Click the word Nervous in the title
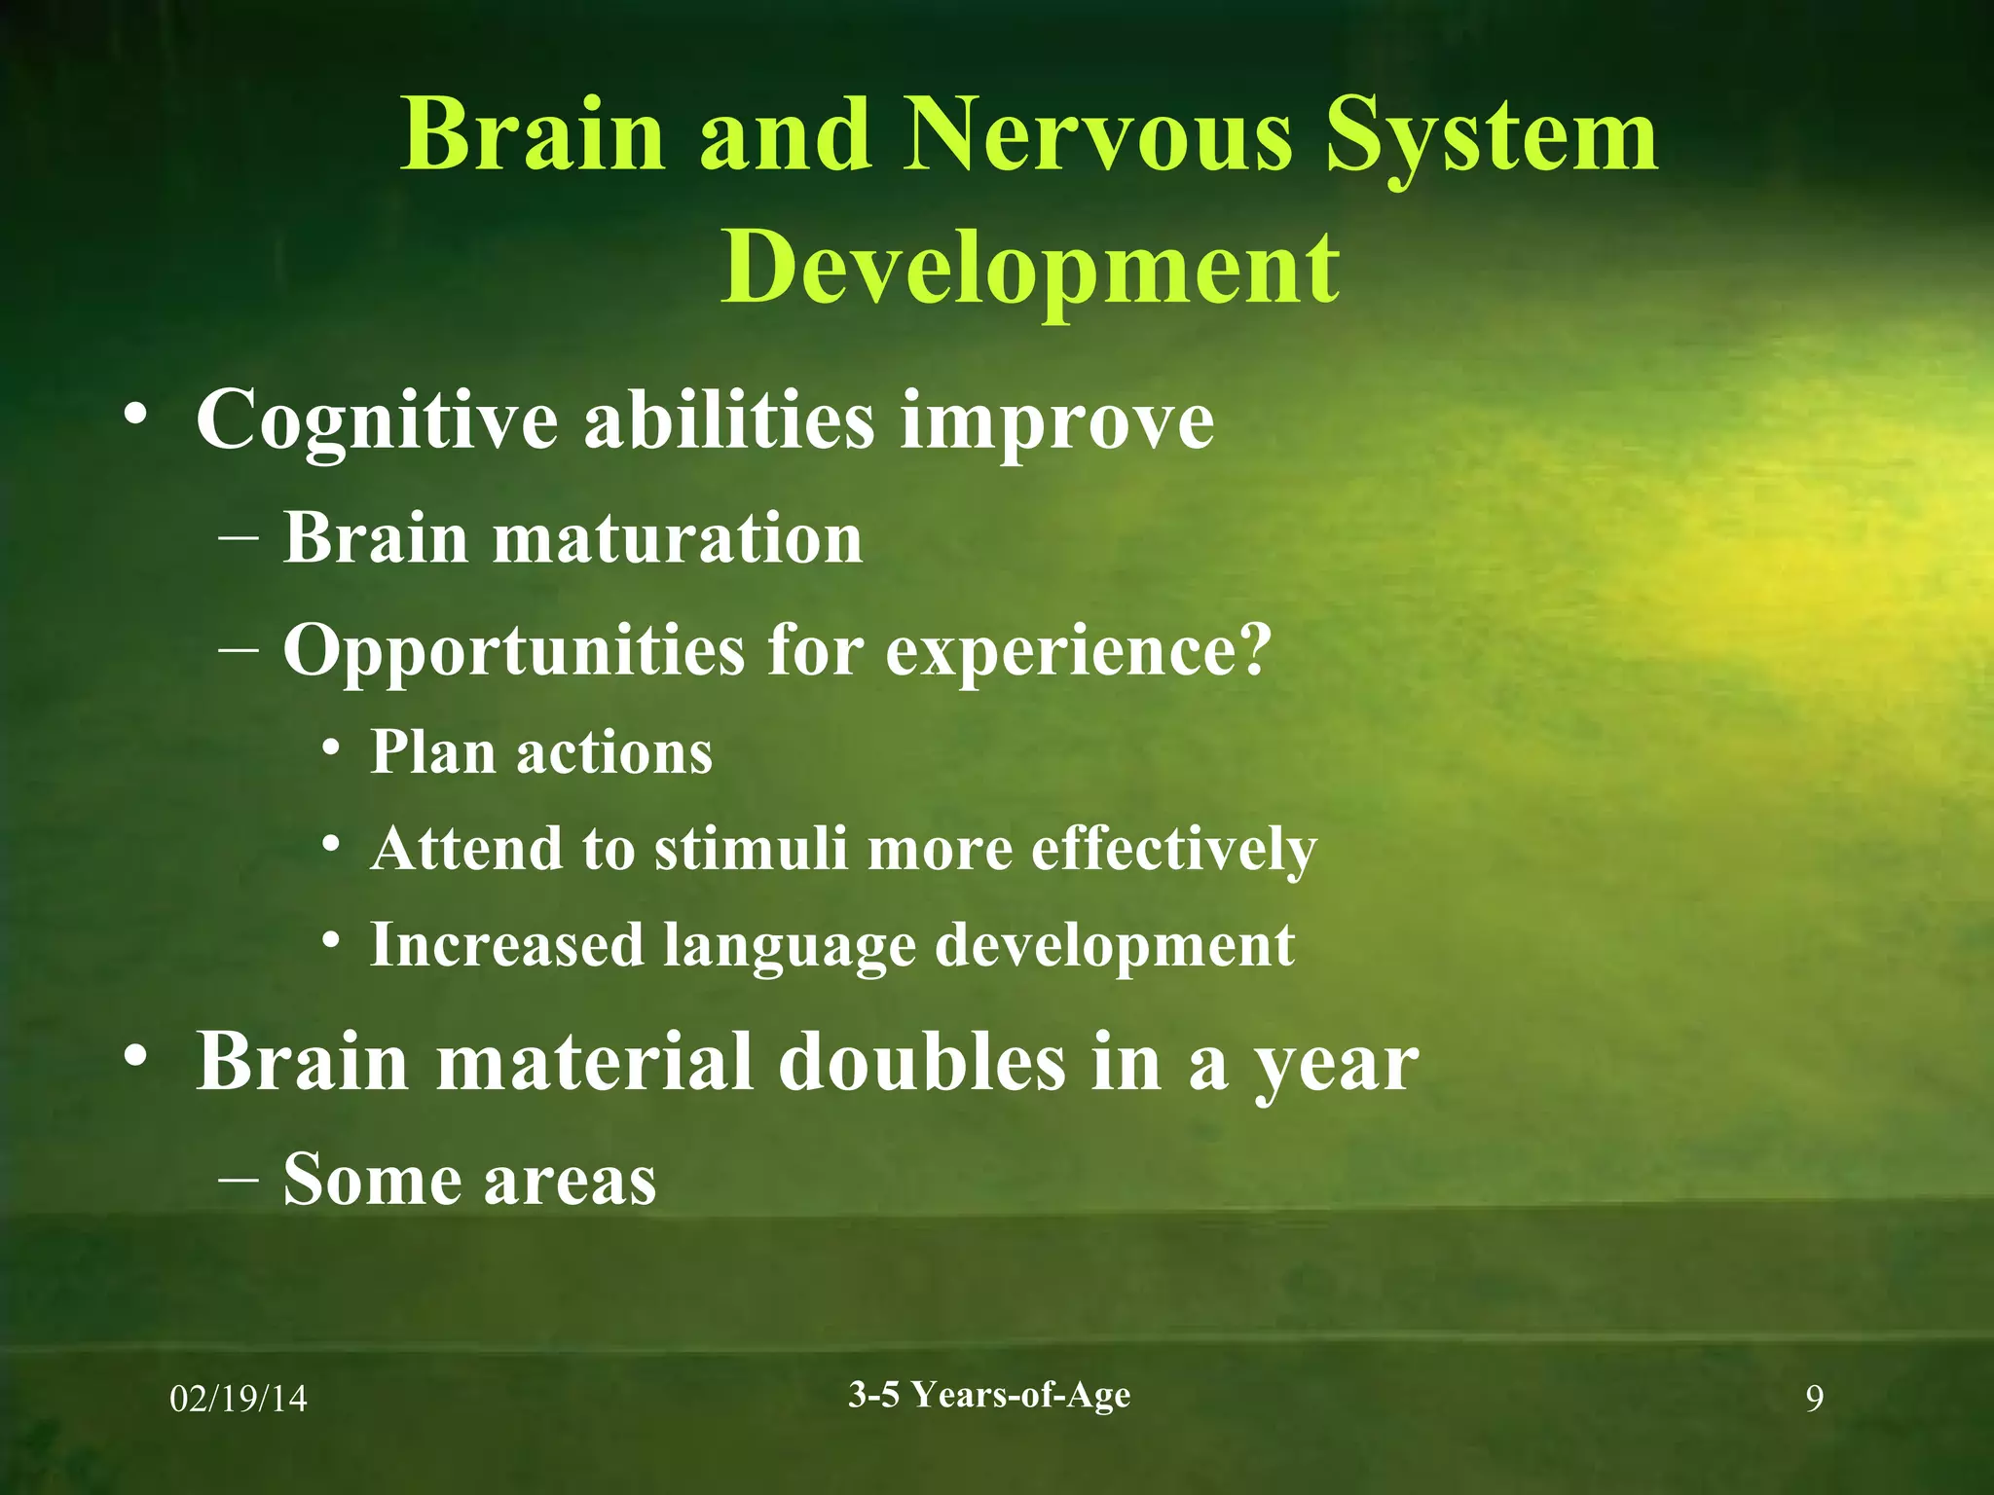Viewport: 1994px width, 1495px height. [x=1099, y=136]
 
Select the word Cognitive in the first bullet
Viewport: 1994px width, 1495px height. [x=377, y=420]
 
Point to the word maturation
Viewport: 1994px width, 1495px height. [x=678, y=538]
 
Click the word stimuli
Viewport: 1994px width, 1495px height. [x=751, y=848]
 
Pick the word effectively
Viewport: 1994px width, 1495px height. [x=1173, y=850]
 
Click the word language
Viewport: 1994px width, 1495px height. [x=789, y=946]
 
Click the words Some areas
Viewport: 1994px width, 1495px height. [x=469, y=1180]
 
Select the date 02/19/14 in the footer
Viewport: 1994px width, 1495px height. [x=239, y=1400]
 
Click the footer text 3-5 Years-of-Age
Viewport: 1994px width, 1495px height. [x=989, y=1395]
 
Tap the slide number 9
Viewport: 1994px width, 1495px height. [x=1814, y=1400]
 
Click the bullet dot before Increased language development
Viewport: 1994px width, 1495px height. [x=332, y=941]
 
